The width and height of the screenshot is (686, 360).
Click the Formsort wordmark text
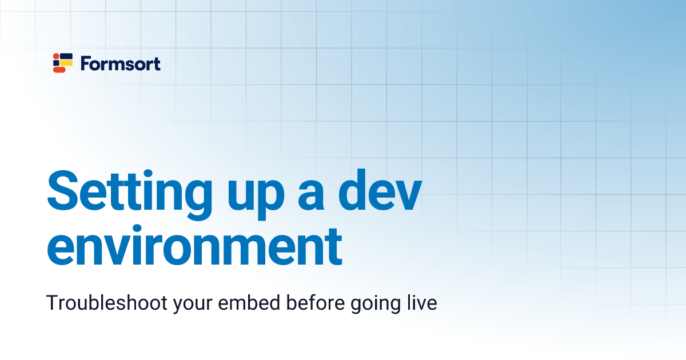(121, 63)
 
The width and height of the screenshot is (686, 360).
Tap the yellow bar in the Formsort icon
(66, 63)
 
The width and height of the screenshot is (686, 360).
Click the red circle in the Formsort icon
(56, 56)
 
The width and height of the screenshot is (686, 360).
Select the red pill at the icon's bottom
(59, 70)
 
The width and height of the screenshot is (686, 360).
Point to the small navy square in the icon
(56, 63)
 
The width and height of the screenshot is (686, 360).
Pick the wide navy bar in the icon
(66, 56)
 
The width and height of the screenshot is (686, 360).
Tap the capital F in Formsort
(85, 63)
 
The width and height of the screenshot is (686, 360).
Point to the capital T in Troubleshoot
(52, 303)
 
